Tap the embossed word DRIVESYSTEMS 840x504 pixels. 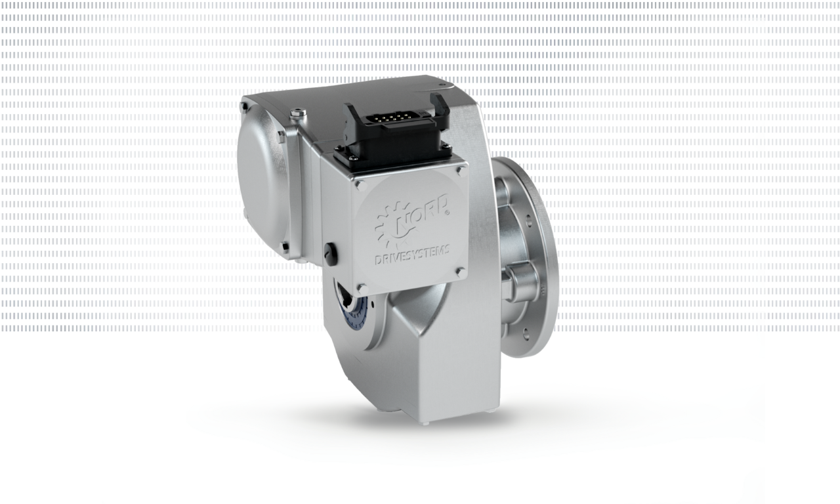point(412,256)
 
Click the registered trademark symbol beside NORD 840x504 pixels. point(448,212)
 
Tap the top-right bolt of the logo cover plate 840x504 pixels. point(461,171)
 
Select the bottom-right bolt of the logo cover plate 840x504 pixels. point(461,272)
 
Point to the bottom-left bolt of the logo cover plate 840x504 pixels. point(362,288)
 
